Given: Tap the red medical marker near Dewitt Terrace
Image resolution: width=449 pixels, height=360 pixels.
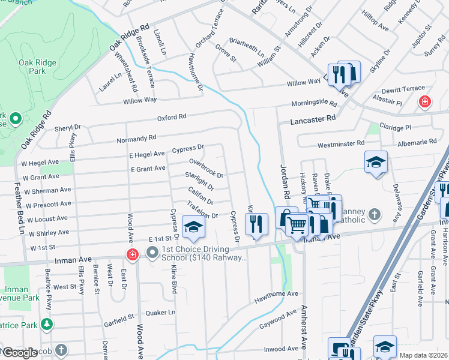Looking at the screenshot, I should pyautogui.click(x=425, y=102).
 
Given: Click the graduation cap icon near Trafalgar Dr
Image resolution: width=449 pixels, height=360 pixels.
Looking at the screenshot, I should pyautogui.click(x=193, y=227).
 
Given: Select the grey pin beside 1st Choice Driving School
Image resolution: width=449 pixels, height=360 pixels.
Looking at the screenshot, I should pyautogui.click(x=152, y=253).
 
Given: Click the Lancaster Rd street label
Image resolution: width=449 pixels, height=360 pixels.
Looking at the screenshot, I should pyautogui.click(x=313, y=120).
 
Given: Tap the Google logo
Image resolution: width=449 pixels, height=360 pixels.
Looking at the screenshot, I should pyautogui.click(x=20, y=353).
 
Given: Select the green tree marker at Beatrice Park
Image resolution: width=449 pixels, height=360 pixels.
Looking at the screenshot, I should pyautogui.click(x=46, y=325).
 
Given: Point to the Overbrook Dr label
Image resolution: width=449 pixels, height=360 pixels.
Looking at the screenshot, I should pyautogui.click(x=206, y=169).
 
